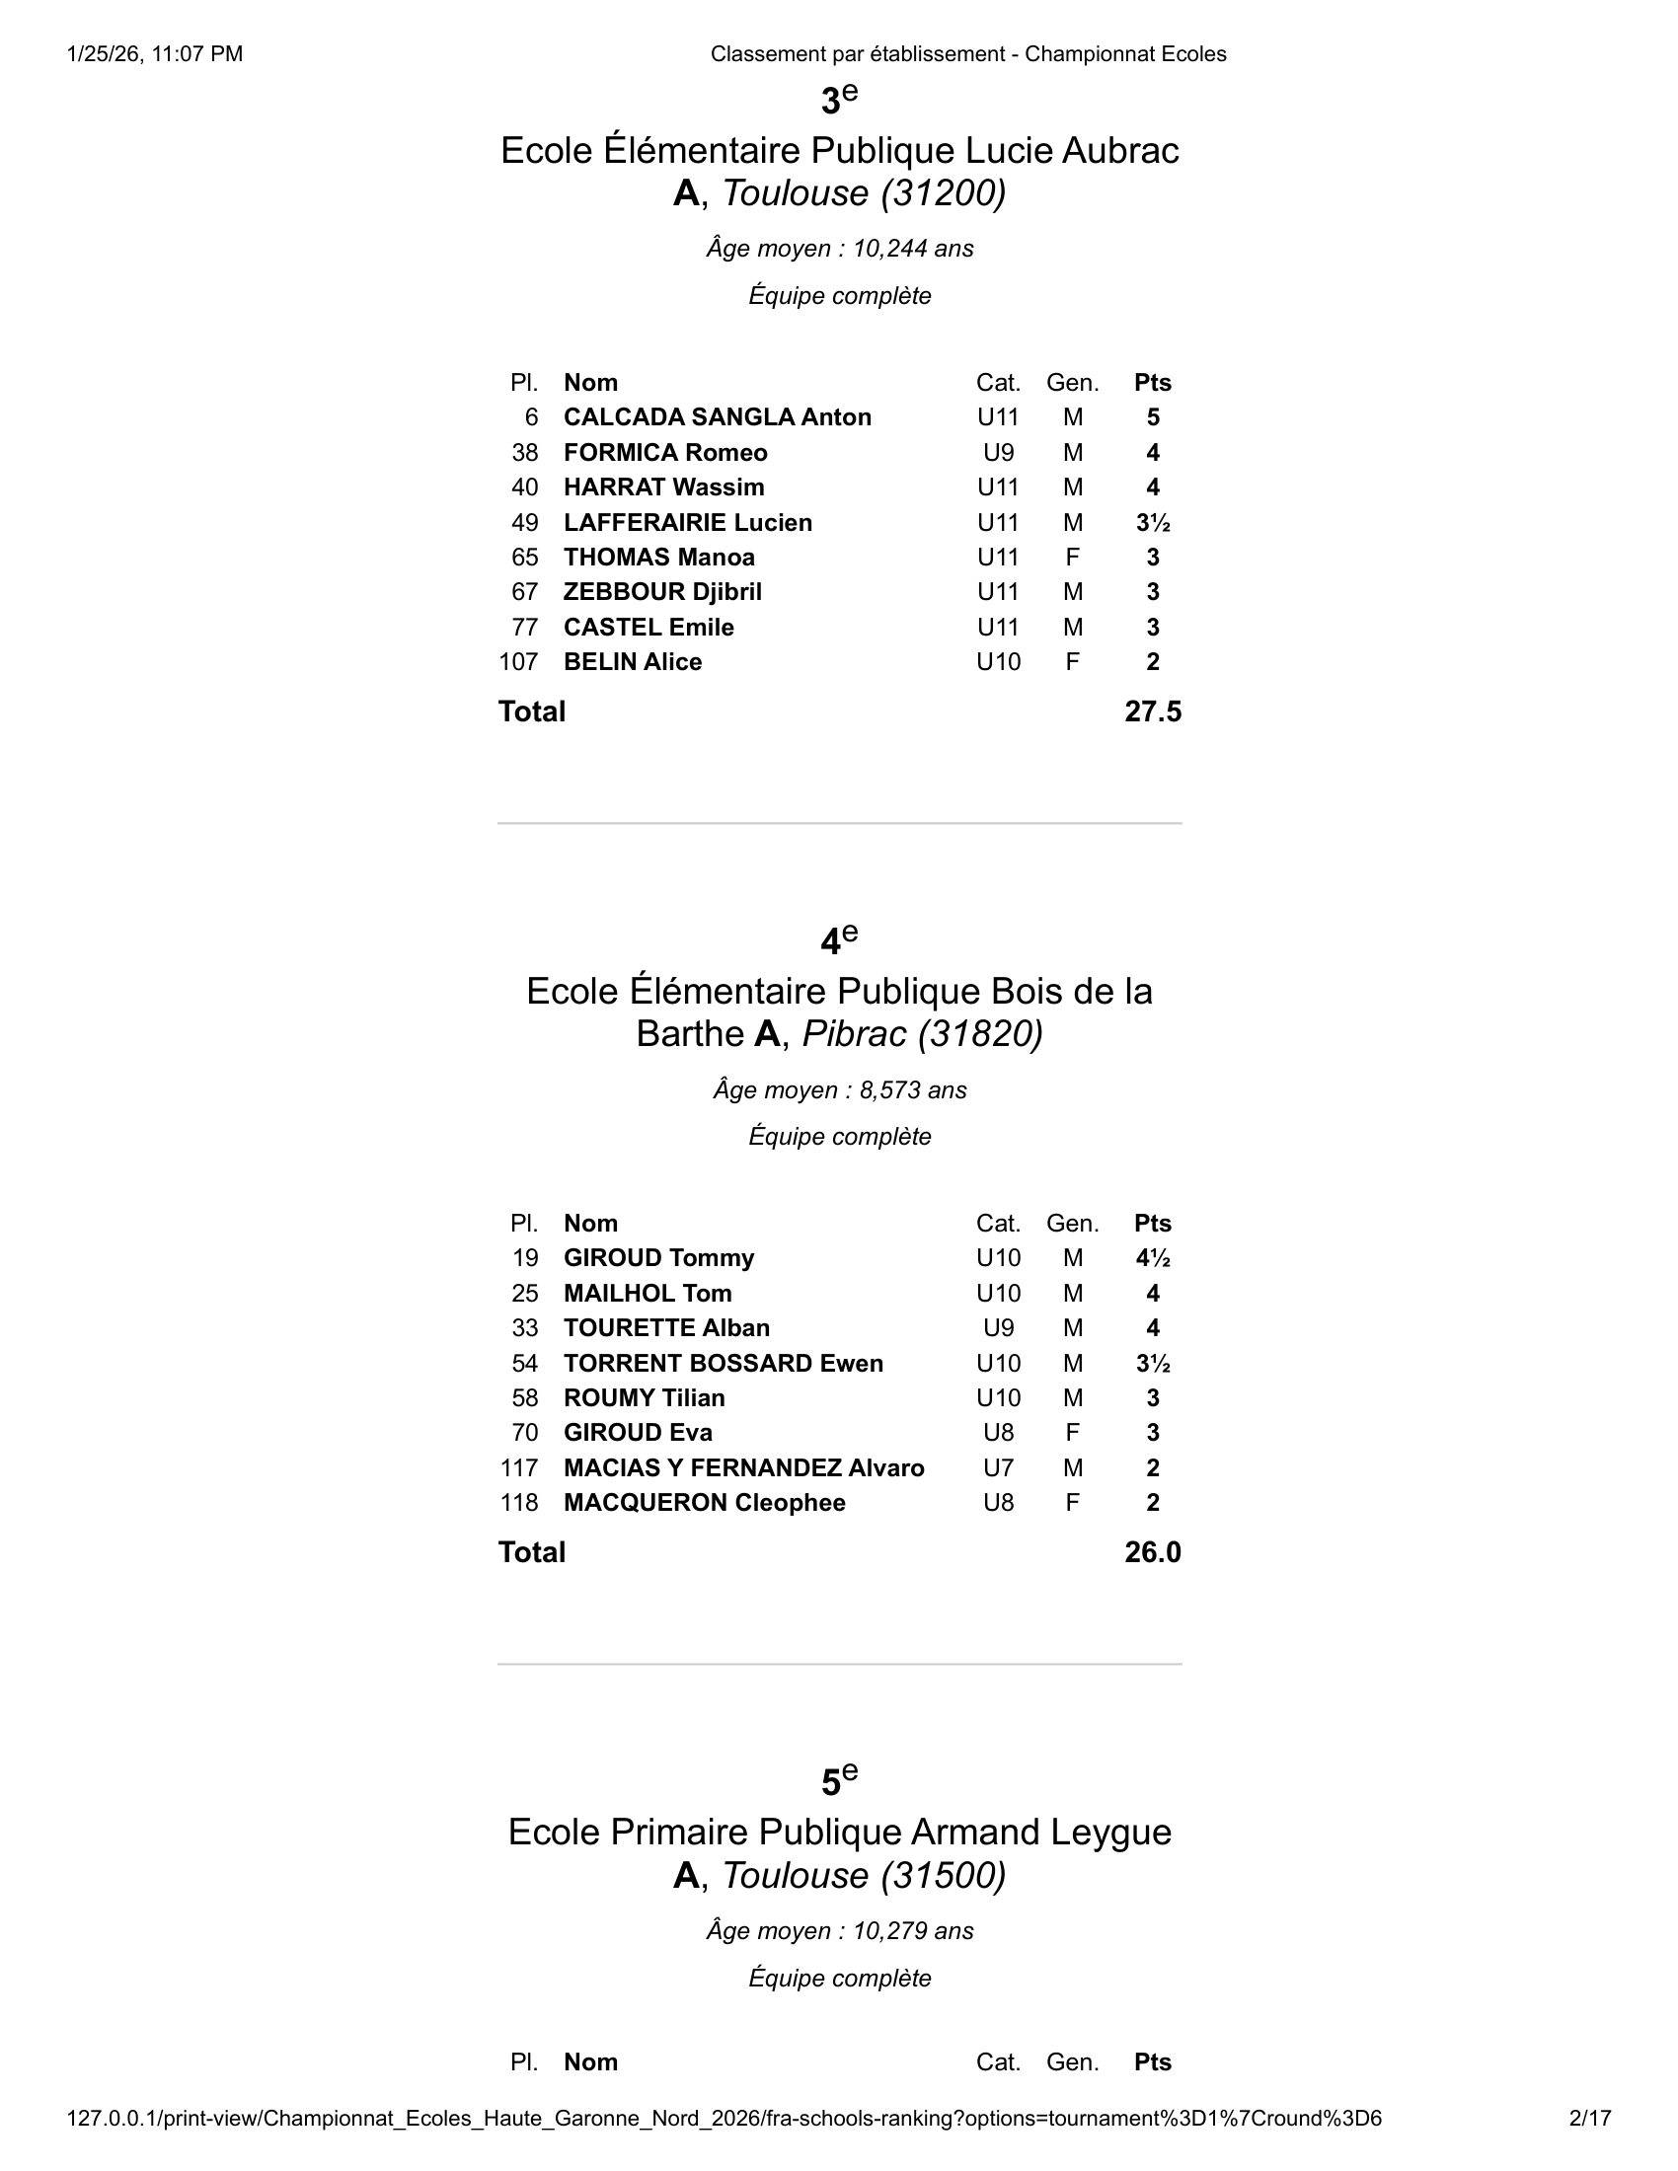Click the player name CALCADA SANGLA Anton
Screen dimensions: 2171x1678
(x=717, y=417)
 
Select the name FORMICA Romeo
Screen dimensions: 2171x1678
(x=665, y=452)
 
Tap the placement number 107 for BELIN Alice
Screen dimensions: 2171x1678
(x=518, y=662)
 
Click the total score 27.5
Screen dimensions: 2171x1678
(x=1152, y=711)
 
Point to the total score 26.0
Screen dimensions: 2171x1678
(x=1152, y=1551)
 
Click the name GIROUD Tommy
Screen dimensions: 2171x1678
(x=658, y=1257)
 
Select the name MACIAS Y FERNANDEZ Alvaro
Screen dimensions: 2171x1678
(x=743, y=1467)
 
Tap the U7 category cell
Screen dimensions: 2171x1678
(x=998, y=1467)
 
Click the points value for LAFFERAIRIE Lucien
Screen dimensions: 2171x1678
(x=1152, y=523)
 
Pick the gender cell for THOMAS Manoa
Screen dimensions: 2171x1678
(x=1072, y=558)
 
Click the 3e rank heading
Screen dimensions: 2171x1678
(x=839, y=101)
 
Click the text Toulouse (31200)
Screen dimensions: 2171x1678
(x=864, y=192)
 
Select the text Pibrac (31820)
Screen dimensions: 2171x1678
(x=923, y=1034)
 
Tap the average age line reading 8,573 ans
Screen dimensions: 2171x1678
(x=839, y=1090)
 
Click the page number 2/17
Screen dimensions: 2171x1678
(x=1589, y=2119)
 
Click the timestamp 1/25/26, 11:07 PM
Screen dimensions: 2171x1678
(x=155, y=54)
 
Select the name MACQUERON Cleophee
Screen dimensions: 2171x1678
(x=704, y=1502)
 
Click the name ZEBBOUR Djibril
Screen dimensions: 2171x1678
(x=662, y=592)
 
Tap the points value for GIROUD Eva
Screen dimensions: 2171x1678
(x=1152, y=1433)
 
